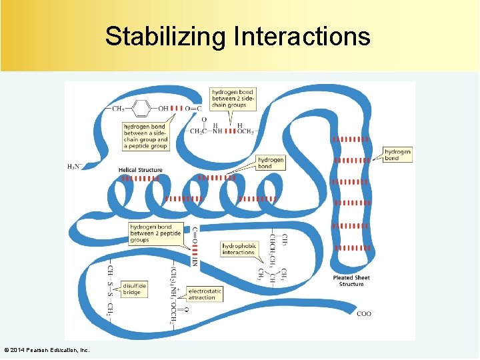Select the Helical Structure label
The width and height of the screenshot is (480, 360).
tap(140, 170)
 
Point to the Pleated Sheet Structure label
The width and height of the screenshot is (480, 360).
tap(351, 281)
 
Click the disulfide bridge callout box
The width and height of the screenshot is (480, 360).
tap(134, 289)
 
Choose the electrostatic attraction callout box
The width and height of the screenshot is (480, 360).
tap(205, 294)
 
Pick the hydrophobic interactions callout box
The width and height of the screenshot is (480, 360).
tap(239, 249)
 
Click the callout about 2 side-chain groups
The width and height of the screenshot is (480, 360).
tap(229, 98)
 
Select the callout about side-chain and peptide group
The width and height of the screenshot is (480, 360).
tap(145, 136)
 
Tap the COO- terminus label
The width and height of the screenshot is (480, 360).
tap(364, 313)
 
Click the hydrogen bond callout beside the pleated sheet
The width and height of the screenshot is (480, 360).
tap(397, 155)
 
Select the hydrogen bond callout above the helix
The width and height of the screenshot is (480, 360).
tap(271, 163)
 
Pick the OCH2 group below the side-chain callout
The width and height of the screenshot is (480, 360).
tap(245, 131)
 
